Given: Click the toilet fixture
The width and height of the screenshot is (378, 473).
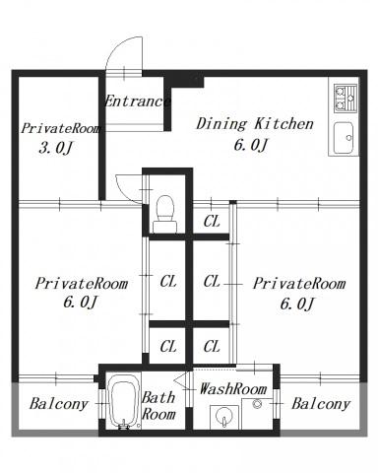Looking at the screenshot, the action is click(x=165, y=215).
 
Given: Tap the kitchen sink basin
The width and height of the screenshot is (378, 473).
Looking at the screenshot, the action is click(x=344, y=138).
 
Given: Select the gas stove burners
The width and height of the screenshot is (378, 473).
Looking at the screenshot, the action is click(x=346, y=99).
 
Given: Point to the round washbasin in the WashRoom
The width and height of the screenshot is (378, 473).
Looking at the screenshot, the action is click(x=223, y=416).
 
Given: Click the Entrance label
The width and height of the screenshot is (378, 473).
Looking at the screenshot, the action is click(x=138, y=101).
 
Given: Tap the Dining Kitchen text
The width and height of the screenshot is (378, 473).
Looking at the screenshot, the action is click(x=255, y=124).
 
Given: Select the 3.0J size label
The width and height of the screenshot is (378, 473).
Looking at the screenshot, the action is click(x=55, y=148).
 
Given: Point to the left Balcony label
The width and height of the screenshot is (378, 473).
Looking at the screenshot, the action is click(x=59, y=404).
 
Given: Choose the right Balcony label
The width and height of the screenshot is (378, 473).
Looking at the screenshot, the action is click(x=321, y=404).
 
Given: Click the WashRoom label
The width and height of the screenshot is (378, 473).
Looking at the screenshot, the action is click(x=233, y=389).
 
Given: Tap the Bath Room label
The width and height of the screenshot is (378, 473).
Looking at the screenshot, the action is click(x=158, y=406).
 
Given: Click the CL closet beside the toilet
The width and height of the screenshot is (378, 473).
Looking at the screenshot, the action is click(x=212, y=222).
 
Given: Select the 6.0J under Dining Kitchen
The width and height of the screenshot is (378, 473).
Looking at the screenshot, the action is click(x=251, y=145).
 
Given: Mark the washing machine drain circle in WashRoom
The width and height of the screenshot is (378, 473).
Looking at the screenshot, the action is click(x=257, y=404).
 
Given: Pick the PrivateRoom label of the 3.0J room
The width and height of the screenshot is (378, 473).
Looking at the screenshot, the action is click(x=61, y=128).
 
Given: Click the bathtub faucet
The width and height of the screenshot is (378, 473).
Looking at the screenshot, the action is click(x=124, y=425).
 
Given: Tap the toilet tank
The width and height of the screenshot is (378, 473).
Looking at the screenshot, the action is click(x=165, y=227).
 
